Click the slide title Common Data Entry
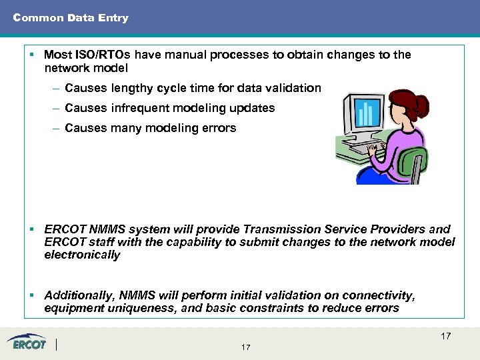[71, 18]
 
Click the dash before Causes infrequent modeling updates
[57, 108]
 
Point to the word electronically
[82, 255]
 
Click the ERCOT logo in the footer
[28, 343]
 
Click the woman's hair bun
[418, 101]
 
